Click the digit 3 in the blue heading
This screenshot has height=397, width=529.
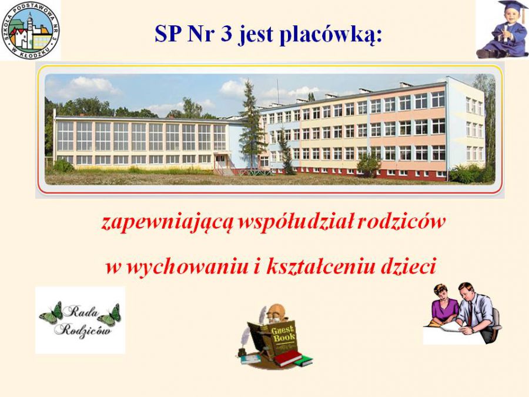pos(226,34)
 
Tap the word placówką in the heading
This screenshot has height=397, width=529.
pos(331,35)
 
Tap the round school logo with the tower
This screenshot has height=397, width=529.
pos(31,31)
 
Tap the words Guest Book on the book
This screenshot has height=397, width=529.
pos(283,334)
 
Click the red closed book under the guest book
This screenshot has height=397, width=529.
pos(288,358)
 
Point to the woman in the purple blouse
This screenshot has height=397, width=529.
pos(444,305)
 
